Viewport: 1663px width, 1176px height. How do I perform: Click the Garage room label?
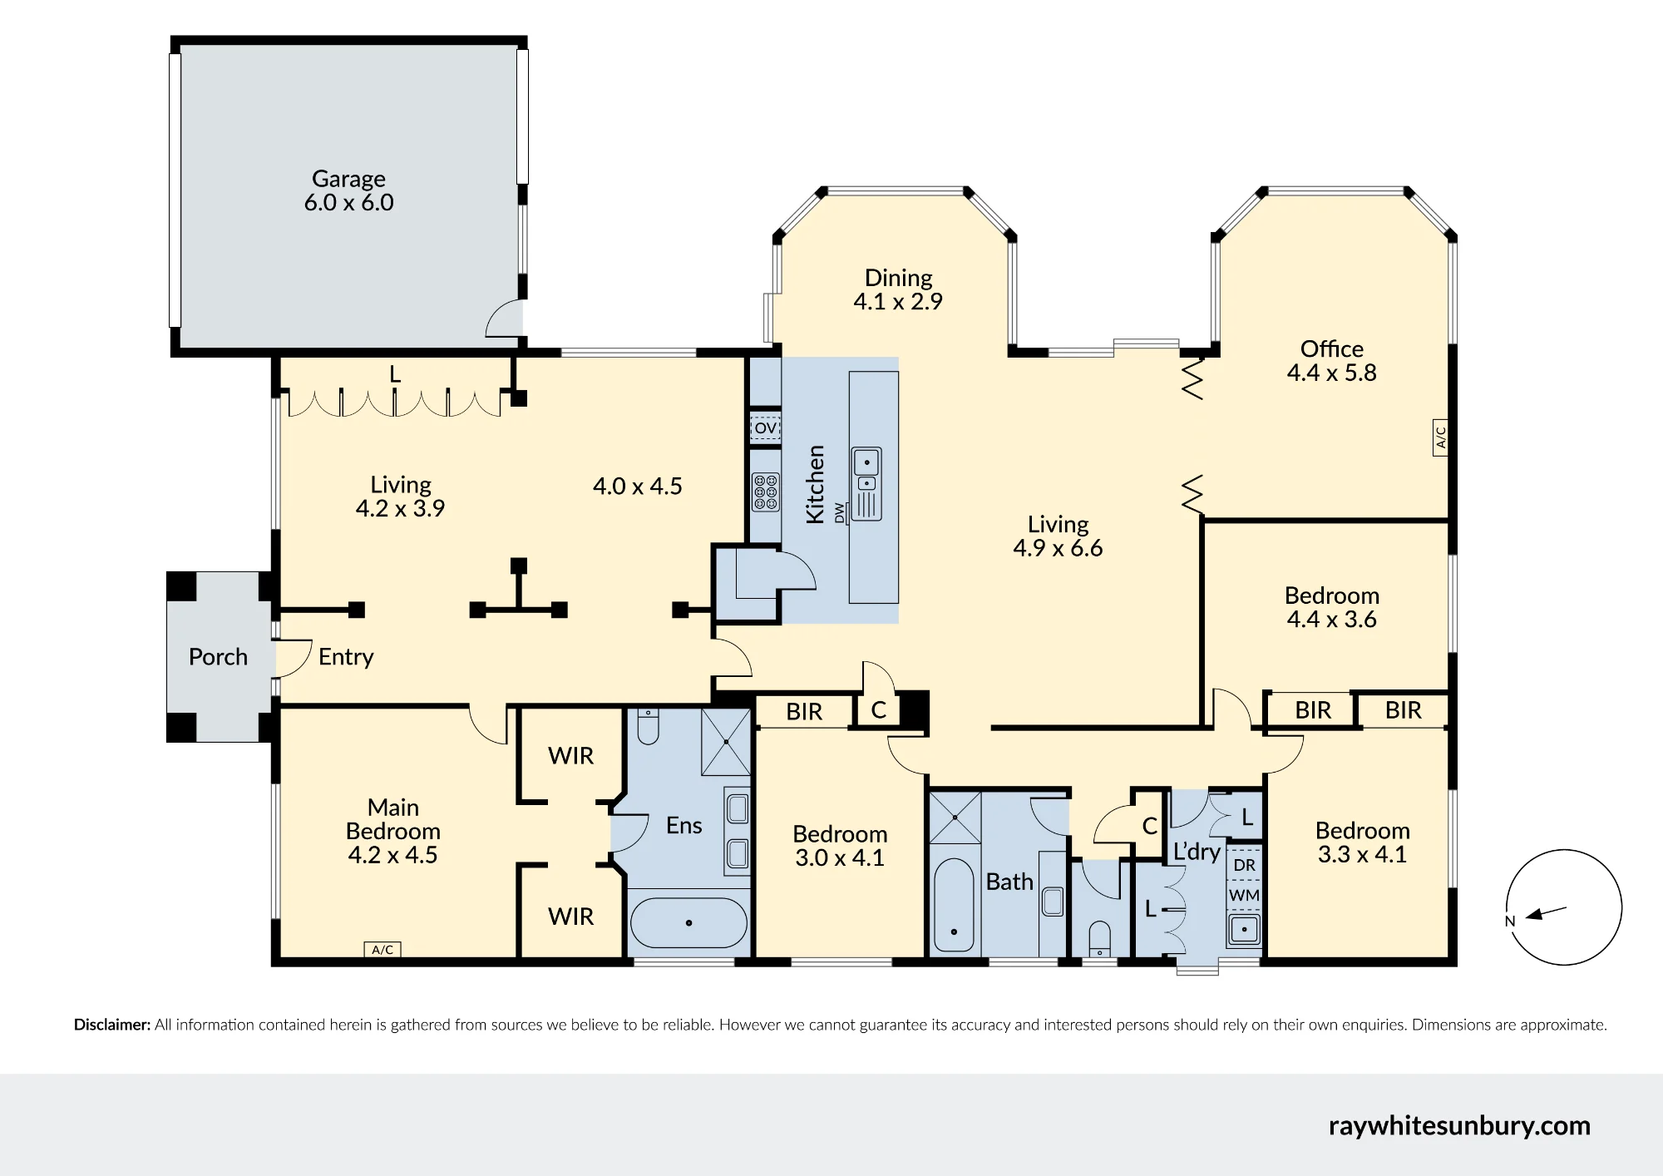tap(348, 179)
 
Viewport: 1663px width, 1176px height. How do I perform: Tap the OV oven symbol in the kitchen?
tap(765, 428)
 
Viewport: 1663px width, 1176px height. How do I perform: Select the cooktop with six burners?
tap(766, 492)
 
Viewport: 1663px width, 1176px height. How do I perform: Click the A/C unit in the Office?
tap(1441, 436)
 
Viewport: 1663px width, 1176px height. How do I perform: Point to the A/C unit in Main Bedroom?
tap(382, 950)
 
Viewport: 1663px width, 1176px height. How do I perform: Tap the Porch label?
tap(218, 657)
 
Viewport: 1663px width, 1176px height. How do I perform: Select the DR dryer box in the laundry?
tap(1244, 865)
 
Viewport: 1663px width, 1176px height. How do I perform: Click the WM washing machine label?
tap(1244, 896)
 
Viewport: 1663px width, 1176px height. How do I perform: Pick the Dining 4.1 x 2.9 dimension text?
tap(898, 301)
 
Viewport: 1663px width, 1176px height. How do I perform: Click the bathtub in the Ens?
tap(688, 922)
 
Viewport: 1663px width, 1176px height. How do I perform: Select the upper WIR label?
tap(571, 756)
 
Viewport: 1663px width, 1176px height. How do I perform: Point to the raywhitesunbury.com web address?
tap(1459, 1126)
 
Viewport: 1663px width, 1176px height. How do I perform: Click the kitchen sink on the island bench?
tap(866, 484)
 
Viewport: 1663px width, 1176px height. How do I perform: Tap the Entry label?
tap(346, 657)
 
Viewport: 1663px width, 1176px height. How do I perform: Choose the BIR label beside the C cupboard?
tap(804, 712)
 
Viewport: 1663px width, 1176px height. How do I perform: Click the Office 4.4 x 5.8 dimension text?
tap(1332, 373)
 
